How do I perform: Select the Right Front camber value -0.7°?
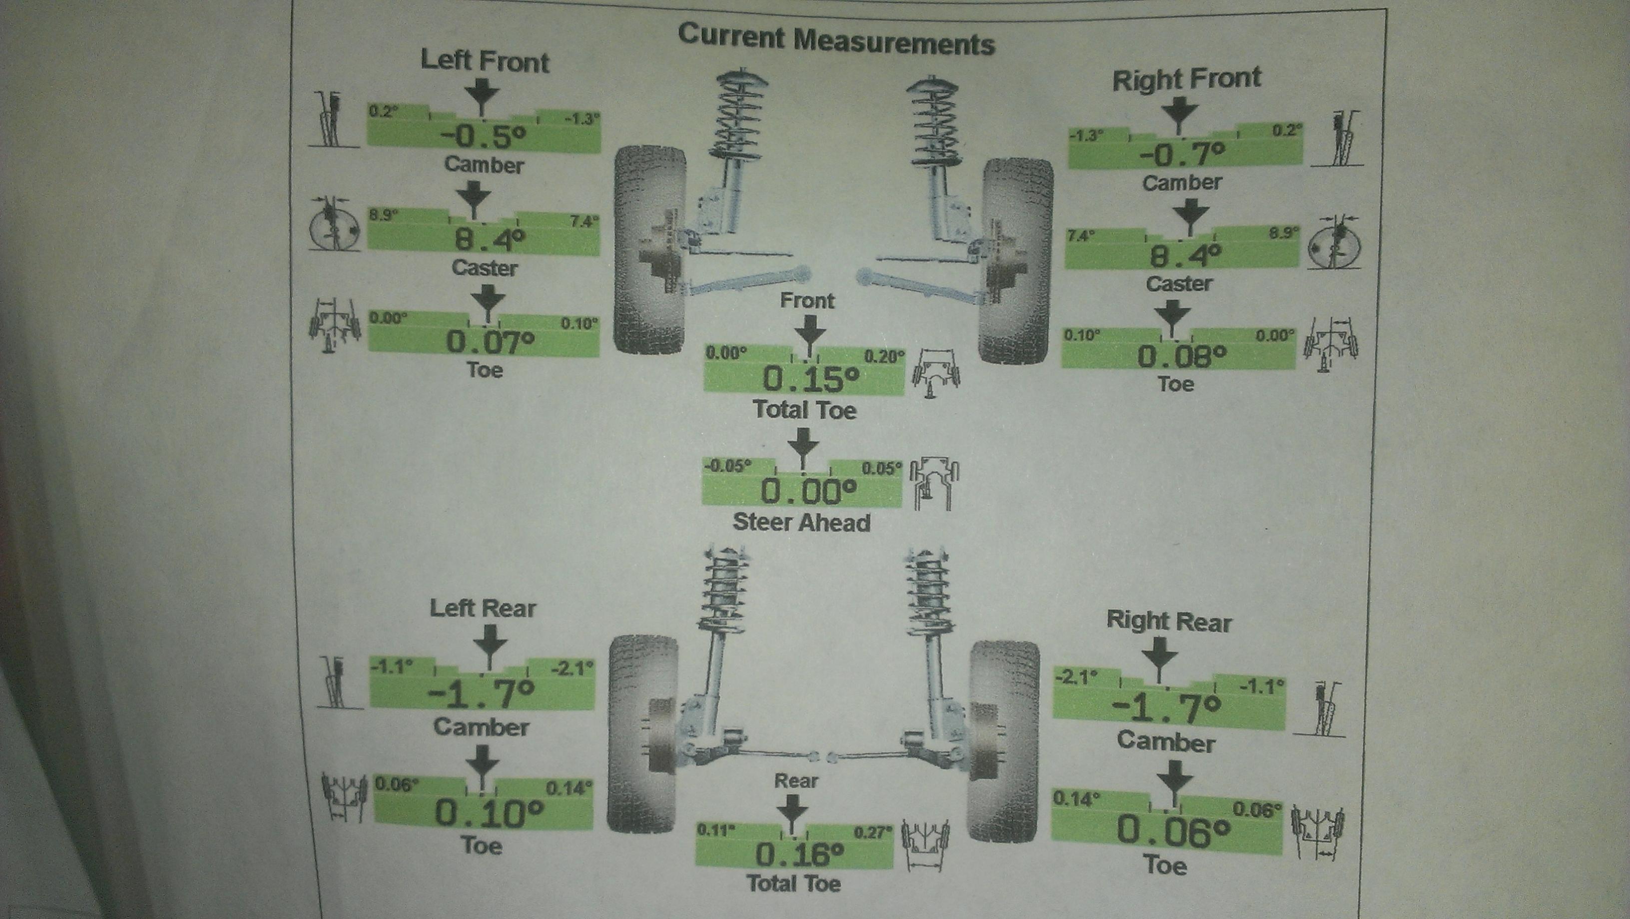click(1181, 154)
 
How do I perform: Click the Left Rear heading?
click(483, 608)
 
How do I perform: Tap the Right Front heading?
click(1186, 79)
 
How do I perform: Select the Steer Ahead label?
click(802, 522)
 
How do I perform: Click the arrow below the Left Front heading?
click(484, 96)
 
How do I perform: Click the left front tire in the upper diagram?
click(650, 250)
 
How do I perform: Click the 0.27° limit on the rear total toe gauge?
click(873, 832)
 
